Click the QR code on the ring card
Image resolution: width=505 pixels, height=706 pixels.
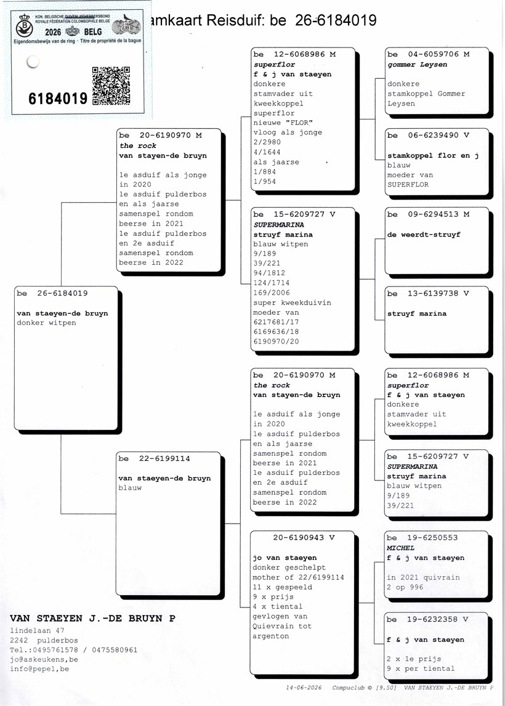pos(111,86)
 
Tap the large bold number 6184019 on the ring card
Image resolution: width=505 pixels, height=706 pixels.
pos(58,98)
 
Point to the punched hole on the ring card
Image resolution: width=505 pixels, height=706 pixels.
pos(33,62)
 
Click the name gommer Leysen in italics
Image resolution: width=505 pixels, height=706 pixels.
pos(417,65)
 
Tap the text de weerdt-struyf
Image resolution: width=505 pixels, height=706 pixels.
pos(424,235)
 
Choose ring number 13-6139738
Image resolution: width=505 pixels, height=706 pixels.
pos(433,293)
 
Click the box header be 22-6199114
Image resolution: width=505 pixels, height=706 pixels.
pos(155,458)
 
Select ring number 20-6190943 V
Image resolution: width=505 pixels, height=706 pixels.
pos(304,537)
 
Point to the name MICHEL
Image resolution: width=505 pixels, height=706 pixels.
pos(400,548)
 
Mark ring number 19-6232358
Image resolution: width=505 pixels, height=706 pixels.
pos(432,619)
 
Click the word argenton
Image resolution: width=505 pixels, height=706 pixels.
pos(270,636)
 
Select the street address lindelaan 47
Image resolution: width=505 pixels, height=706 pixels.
pos(37,630)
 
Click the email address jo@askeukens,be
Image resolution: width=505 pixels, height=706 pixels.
pos(44,659)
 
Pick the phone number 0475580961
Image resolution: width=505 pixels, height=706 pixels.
pos(115,650)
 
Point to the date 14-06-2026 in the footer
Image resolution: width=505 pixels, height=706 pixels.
pos(304,688)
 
